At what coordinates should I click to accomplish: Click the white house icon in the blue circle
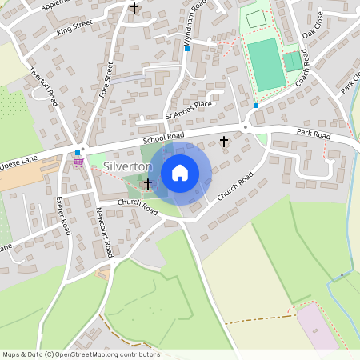180,173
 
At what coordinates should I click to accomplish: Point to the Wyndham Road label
196,18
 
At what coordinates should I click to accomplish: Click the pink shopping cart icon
78,162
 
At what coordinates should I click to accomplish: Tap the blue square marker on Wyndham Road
187,49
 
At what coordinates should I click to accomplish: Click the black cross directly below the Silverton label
147,184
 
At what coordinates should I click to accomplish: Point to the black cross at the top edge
134,8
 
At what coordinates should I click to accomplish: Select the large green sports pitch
266,64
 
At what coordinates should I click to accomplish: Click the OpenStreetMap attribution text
81,354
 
